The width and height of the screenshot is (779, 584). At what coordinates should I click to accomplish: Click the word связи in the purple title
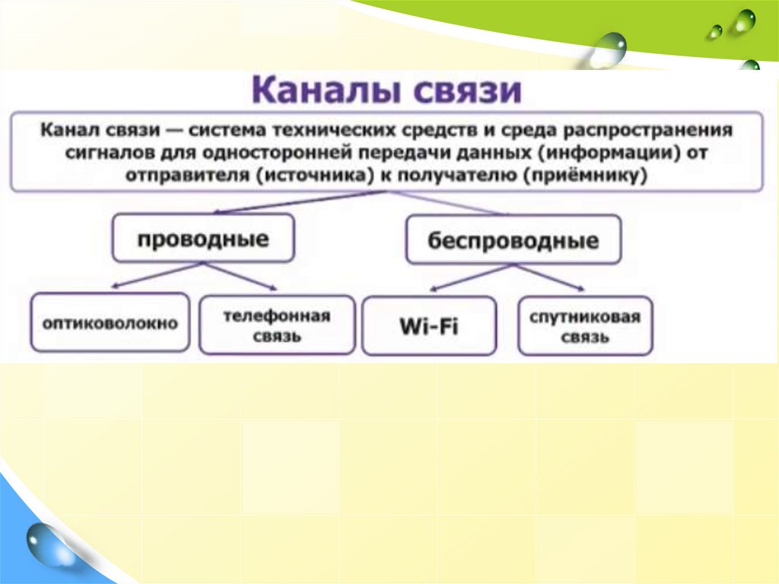coord(467,90)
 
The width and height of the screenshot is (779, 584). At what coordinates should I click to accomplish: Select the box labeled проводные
coord(203,238)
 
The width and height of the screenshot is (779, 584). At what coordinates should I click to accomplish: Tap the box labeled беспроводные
coord(514,240)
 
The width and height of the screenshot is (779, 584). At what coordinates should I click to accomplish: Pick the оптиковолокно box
coord(110,322)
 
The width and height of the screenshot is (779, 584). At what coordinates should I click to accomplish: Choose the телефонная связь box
coord(277,325)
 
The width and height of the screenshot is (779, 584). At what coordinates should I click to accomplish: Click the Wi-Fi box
coord(429,327)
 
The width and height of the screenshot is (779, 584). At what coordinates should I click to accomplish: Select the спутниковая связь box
coord(585,327)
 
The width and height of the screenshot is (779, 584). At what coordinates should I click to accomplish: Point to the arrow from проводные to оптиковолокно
coord(157,275)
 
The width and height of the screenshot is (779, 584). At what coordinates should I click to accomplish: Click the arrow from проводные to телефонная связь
coord(240,276)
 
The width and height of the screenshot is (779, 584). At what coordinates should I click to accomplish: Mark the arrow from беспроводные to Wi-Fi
coord(470,278)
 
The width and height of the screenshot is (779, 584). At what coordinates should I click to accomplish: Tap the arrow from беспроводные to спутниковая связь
coord(548,278)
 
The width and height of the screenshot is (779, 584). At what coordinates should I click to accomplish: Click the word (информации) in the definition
coord(608,152)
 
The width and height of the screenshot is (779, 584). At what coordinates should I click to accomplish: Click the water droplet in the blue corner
coord(46,544)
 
